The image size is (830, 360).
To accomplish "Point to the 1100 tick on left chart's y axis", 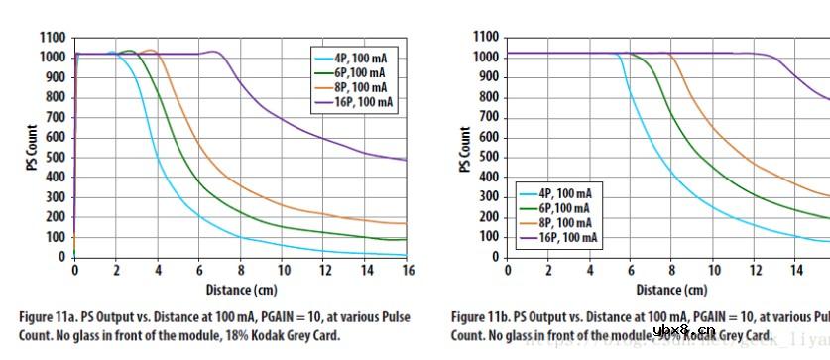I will [53, 37].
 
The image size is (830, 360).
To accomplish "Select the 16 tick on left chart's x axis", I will [408, 270].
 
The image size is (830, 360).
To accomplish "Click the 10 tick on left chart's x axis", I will [283, 270].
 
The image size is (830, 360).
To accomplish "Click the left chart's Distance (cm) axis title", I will [240, 290].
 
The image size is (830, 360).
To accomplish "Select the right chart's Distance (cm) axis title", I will [672, 290].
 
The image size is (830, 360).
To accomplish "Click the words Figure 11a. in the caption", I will [51, 317].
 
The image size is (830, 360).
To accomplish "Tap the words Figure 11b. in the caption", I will [484, 317].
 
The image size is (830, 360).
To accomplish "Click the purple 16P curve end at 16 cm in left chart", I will [407, 160].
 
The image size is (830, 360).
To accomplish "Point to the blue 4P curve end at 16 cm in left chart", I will [407, 255].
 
